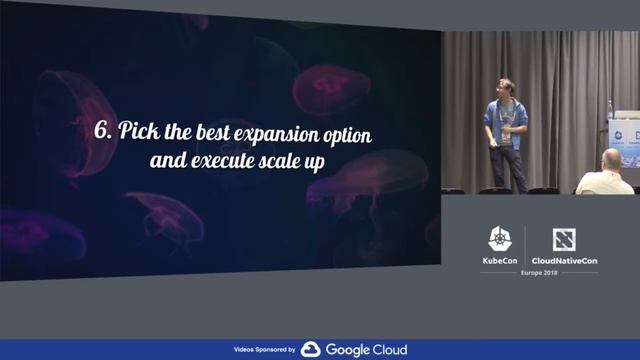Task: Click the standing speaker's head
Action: pos(506,87)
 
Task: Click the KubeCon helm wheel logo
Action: pos(499,239)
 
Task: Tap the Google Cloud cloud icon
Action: pos(310,350)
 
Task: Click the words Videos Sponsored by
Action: pos(264,350)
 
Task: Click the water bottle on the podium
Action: pos(610,109)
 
